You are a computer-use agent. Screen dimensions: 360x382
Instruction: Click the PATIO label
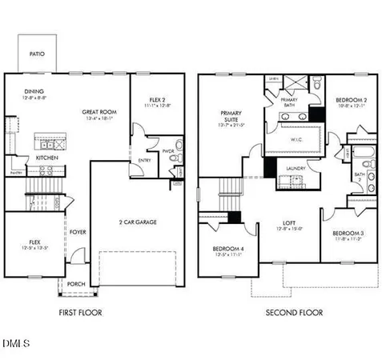pyautogui.click(x=37, y=54)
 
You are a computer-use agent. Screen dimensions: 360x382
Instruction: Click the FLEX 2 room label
pyautogui.click(x=151, y=98)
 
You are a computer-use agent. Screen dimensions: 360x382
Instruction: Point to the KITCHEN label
pyautogui.click(x=46, y=158)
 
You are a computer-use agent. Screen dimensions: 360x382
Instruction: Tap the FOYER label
pyautogui.click(x=77, y=233)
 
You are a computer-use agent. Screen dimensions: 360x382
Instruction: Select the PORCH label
pyautogui.click(x=77, y=284)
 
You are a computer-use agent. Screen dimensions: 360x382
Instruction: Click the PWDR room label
pyautogui.click(x=168, y=150)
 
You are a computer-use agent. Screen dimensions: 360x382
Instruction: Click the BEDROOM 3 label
pyautogui.click(x=347, y=233)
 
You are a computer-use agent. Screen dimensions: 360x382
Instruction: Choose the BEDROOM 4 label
pyautogui.click(x=228, y=250)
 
